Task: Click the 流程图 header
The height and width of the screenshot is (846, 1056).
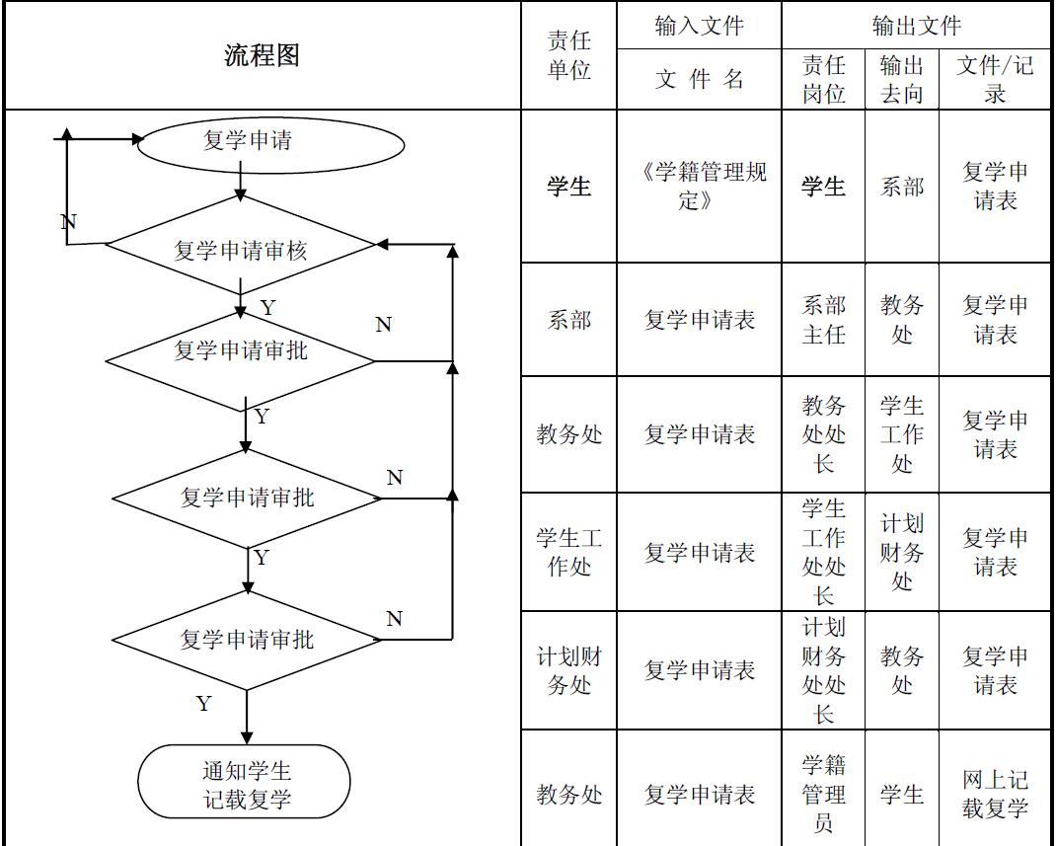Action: click(262, 55)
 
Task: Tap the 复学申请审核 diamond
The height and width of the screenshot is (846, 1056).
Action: click(241, 250)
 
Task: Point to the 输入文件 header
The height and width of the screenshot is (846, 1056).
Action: click(699, 26)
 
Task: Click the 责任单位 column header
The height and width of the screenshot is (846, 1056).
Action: click(568, 55)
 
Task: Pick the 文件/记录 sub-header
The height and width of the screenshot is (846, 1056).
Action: click(995, 79)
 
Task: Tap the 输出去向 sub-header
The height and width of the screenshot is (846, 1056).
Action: click(901, 79)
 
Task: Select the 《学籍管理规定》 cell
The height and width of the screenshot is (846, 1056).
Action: click(699, 186)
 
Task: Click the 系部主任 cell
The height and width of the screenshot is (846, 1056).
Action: click(823, 320)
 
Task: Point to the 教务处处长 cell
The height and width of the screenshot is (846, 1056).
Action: click(823, 434)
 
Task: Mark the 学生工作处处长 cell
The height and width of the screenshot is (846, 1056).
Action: click(823, 552)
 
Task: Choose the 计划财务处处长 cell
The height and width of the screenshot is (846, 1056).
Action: click(823, 670)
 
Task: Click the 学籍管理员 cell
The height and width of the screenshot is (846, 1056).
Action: click(823, 794)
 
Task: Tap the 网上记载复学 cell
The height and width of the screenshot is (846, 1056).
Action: click(995, 794)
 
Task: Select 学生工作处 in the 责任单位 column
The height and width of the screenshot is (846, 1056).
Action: click(568, 553)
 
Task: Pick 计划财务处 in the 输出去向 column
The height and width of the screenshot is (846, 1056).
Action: click(901, 552)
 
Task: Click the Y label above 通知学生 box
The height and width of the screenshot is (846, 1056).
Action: click(203, 704)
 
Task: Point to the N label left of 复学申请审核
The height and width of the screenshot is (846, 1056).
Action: click(68, 221)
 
